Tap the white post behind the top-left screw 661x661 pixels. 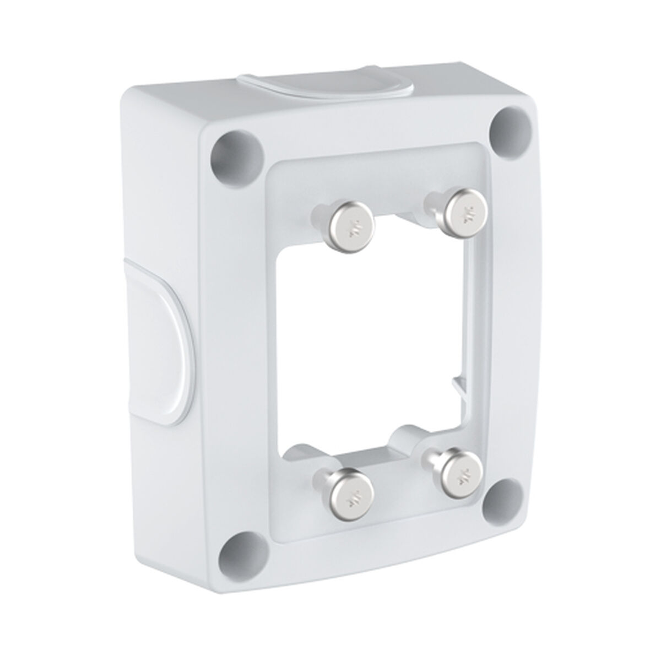322,212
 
